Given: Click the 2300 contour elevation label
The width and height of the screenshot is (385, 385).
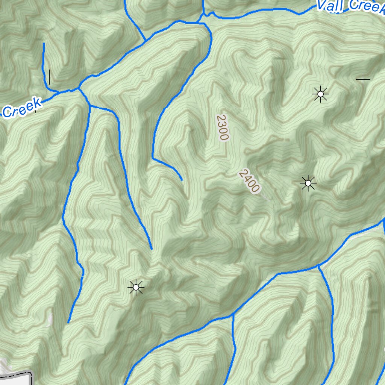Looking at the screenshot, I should point(222,127).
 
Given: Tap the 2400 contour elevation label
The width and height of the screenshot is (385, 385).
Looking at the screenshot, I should point(249,181).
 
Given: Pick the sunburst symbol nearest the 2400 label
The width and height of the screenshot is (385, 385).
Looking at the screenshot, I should point(308,183).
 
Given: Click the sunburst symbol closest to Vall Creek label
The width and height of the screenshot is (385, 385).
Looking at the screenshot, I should point(320,94).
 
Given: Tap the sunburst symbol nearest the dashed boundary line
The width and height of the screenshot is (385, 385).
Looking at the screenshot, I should point(136,288).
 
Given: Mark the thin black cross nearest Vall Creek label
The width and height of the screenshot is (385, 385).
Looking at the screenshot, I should point(363,79).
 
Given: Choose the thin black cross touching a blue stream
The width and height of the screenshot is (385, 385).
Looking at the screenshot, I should point(49,77).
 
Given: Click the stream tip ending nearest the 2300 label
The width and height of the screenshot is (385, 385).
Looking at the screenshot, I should point(182,180).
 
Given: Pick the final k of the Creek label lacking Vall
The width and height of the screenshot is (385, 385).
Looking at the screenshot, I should point(36,102).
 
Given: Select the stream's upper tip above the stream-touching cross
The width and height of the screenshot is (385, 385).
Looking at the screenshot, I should point(44,44).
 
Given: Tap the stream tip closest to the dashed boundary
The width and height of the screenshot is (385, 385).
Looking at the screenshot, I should point(68,322).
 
